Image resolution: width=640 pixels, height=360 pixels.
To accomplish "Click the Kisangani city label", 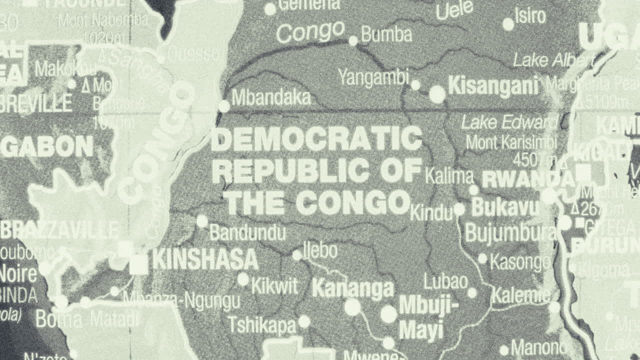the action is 493,86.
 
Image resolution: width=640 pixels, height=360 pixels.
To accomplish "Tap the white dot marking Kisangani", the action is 437,94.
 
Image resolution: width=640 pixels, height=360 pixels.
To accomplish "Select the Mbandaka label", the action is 271,97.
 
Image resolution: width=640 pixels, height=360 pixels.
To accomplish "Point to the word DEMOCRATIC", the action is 316,139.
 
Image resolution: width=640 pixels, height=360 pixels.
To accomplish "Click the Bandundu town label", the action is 247,232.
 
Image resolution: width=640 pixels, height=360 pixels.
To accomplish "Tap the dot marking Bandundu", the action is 202,221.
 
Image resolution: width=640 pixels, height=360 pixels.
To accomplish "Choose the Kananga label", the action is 353,288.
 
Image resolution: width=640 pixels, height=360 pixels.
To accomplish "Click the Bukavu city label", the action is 505,207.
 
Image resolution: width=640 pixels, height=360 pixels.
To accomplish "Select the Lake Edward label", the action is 509,122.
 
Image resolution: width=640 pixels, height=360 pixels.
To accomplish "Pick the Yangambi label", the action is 373,77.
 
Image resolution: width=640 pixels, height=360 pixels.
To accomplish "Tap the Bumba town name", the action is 386,34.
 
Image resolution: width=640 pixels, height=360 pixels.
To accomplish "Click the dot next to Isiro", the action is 508,24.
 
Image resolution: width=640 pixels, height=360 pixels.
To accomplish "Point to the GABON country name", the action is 47,146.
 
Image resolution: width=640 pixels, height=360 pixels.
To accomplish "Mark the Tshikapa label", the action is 262,325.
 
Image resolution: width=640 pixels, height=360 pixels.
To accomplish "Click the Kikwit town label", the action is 274,286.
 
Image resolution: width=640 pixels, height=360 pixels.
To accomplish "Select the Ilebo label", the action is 320,251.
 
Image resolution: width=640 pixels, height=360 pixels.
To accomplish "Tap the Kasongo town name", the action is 520,261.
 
